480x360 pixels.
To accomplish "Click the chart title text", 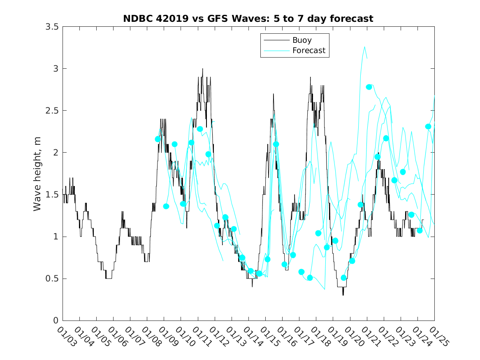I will point(248,19).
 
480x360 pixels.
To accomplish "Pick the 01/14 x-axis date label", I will point(252,337).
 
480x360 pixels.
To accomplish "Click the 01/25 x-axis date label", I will point(438,337).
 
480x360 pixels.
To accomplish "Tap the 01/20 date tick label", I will point(353,337).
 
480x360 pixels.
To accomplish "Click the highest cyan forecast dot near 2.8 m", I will point(369,87).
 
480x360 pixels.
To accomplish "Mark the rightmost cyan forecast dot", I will point(428,127).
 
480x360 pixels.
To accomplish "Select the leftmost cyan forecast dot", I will point(158,139).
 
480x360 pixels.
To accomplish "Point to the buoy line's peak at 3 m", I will point(202,69).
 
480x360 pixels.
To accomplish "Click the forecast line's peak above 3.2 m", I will point(365,47).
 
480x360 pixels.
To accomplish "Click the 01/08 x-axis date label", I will point(151,337).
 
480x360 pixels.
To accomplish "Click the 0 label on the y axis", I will point(55,321).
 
